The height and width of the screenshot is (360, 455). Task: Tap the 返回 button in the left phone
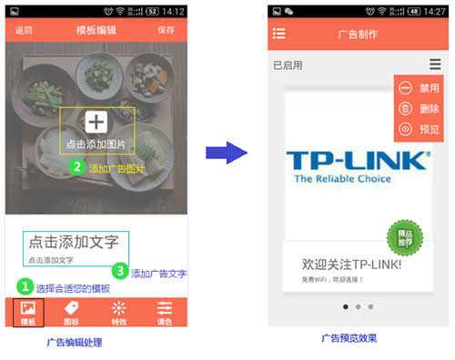point(24,30)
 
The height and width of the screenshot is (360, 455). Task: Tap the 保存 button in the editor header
point(166,30)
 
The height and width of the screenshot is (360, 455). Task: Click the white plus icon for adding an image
point(96,122)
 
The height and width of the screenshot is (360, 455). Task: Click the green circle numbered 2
point(77,166)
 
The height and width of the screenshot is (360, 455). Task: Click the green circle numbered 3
point(119,271)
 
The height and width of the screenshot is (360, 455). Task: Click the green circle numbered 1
point(25,285)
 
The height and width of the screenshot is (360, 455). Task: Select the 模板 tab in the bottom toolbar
point(28,312)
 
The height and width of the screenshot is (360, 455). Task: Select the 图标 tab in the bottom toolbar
point(72,312)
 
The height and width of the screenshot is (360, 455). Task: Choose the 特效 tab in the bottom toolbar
point(118,312)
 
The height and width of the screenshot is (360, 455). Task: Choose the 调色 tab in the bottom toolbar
point(165,312)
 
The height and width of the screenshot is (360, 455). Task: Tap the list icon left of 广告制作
point(279,34)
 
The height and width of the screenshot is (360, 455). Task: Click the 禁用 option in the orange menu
point(420,88)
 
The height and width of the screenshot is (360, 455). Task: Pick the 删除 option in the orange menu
point(420,109)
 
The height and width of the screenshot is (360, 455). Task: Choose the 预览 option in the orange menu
point(420,130)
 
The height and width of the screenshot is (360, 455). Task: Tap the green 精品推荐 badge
point(405,238)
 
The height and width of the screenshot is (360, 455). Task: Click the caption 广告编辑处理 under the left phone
point(75,342)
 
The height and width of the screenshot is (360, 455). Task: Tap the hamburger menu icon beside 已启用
point(435,65)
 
